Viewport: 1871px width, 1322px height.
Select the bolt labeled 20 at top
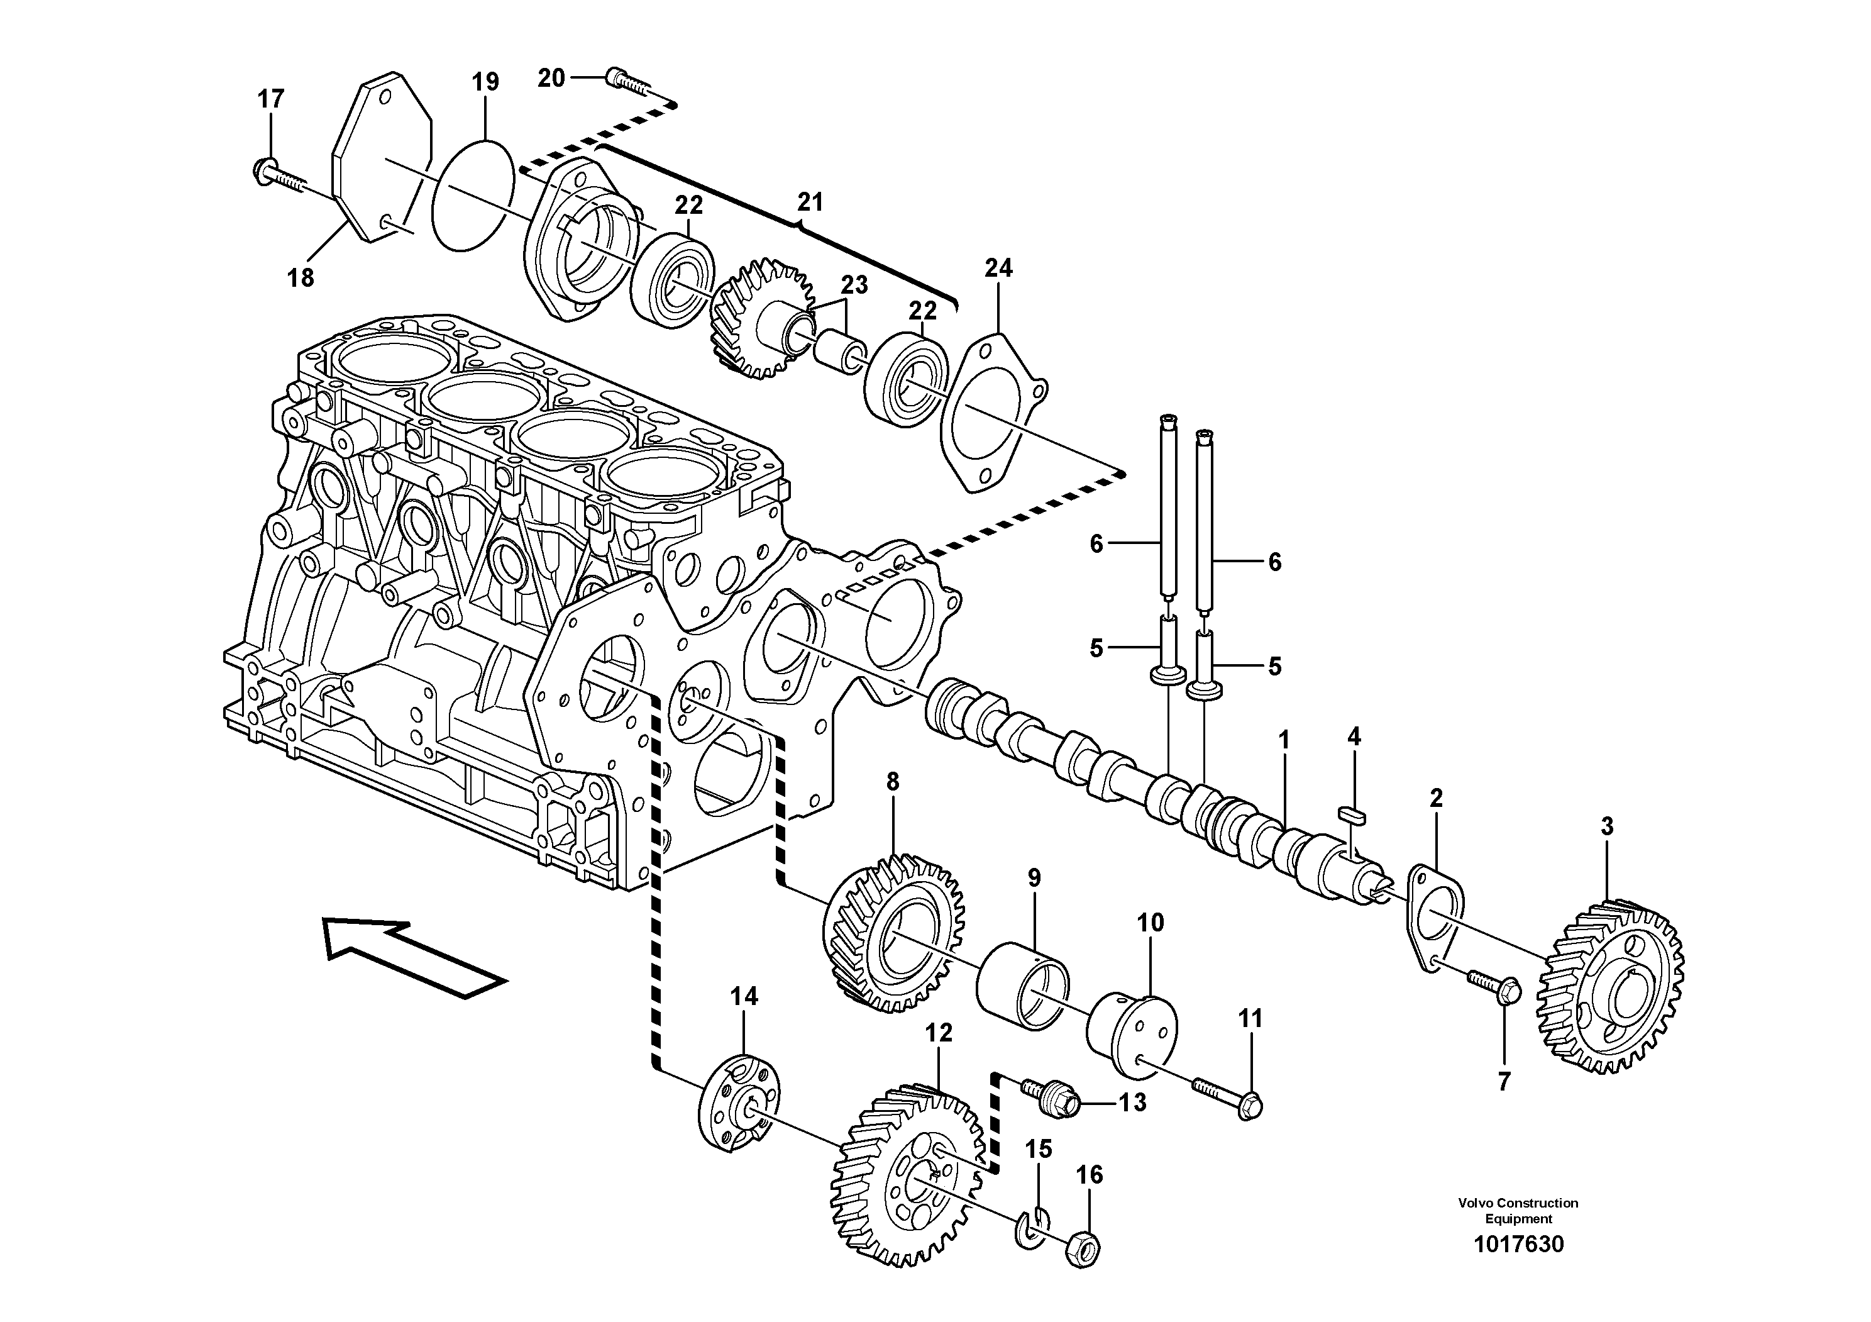pyautogui.click(x=629, y=80)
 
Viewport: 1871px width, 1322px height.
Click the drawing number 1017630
pyautogui.click(x=1518, y=1245)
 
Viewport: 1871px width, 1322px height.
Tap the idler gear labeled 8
pyautogui.click(x=895, y=934)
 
